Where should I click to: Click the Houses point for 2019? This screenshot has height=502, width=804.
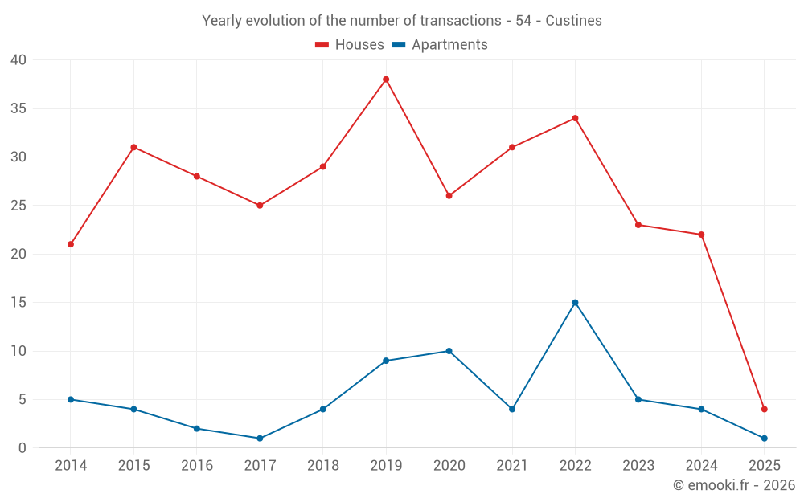386,80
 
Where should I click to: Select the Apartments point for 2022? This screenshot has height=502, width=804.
575,303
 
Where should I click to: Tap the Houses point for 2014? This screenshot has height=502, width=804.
71,244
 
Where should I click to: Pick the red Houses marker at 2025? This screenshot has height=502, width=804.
764,410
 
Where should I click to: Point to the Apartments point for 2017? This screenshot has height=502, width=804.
260,439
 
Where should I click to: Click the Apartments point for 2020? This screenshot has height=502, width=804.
449,351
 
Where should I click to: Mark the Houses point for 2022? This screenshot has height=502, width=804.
575,118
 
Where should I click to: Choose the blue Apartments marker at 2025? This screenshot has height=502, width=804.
764,439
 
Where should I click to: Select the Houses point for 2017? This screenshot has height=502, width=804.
260,206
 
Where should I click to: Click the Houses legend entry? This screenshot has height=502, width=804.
350,45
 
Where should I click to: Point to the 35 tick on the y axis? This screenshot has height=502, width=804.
18,108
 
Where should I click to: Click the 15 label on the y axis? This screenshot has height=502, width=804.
18,303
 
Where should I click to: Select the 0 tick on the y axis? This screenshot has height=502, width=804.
23,448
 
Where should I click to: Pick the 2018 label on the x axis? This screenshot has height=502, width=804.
322,466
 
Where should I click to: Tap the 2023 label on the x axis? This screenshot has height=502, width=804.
638,466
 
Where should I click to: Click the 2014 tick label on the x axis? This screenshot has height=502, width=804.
71,466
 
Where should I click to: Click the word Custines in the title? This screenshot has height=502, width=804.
573,21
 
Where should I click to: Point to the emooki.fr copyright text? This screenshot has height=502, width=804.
734,485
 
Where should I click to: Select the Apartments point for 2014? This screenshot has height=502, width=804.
71,399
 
